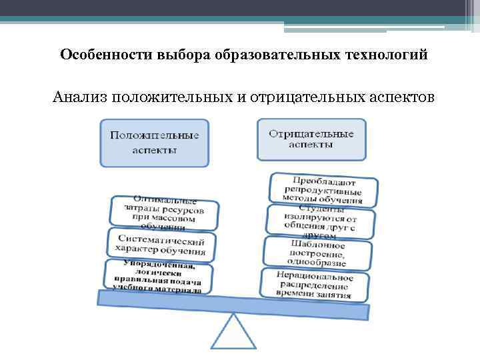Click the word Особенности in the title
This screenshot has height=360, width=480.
105,54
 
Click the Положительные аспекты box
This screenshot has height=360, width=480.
154,142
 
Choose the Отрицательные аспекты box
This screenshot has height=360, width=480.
311,139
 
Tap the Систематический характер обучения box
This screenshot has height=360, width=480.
161,245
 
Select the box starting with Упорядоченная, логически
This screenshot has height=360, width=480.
157,277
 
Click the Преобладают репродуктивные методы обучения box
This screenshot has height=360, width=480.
324,190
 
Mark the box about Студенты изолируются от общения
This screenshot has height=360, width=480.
320,221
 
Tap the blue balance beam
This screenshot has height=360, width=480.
233,304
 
